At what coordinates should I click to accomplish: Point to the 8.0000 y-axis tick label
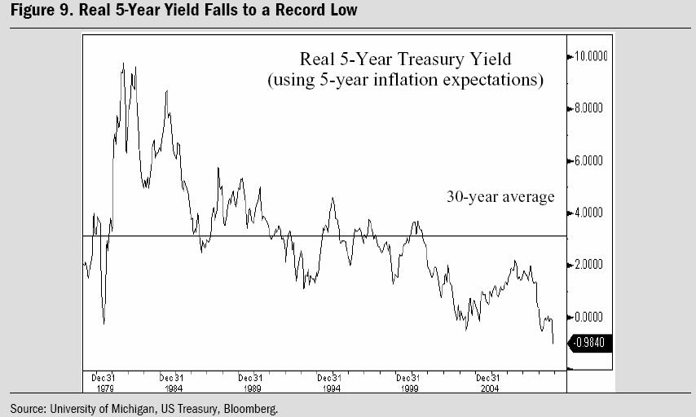(589, 108)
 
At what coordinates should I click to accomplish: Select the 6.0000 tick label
(589, 160)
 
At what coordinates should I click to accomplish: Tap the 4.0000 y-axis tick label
(589, 213)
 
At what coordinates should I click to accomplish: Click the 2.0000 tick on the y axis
(589, 265)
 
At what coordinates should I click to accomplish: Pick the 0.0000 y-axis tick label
(589, 317)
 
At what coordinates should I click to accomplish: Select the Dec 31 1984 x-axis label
(171, 383)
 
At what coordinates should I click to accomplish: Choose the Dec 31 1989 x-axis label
(250, 383)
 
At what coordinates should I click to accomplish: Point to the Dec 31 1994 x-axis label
(329, 383)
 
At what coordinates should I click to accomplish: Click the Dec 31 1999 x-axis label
(408, 383)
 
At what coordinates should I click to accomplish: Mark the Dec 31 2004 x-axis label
(487, 383)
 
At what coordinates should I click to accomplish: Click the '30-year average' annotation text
(500, 196)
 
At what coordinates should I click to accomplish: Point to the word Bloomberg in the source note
(253, 408)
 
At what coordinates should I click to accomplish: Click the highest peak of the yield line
(122, 64)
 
